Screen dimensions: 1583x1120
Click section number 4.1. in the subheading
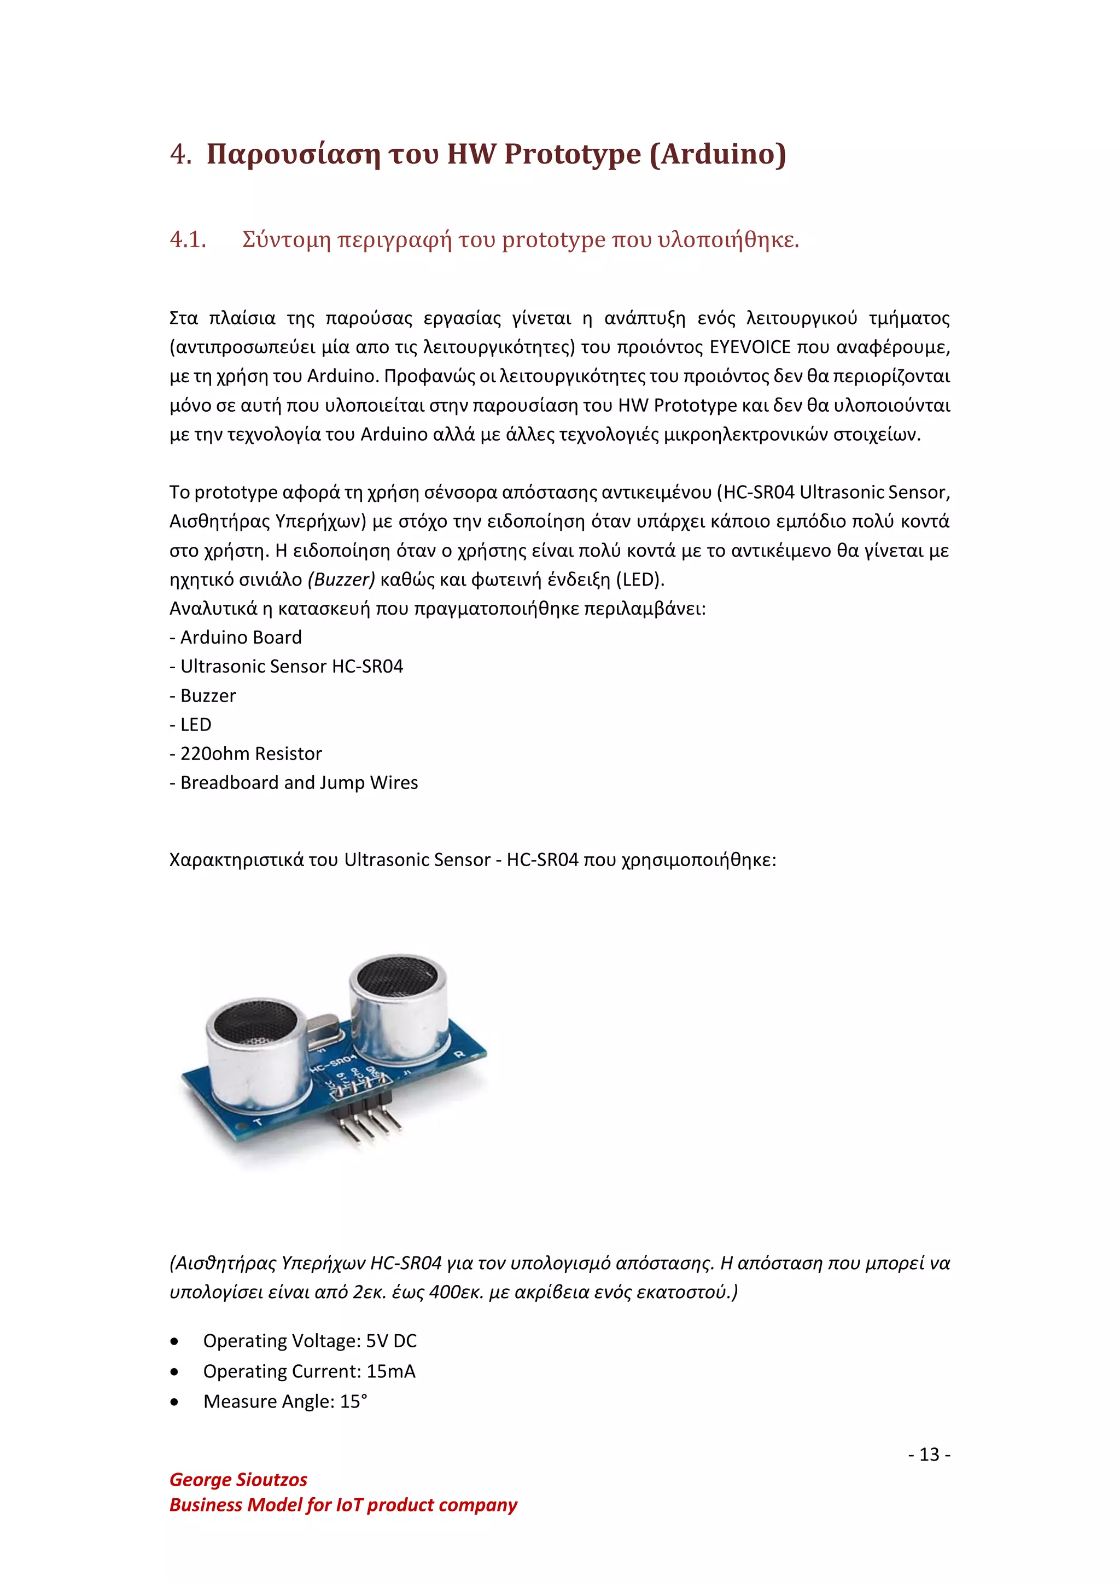[188, 240]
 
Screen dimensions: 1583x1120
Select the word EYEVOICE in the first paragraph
[750, 347]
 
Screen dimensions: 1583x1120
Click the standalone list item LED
[195, 725]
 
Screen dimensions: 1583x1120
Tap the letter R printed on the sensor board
[459, 1054]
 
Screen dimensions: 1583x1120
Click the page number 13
[929, 1455]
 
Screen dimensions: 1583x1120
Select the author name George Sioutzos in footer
[238, 1480]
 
